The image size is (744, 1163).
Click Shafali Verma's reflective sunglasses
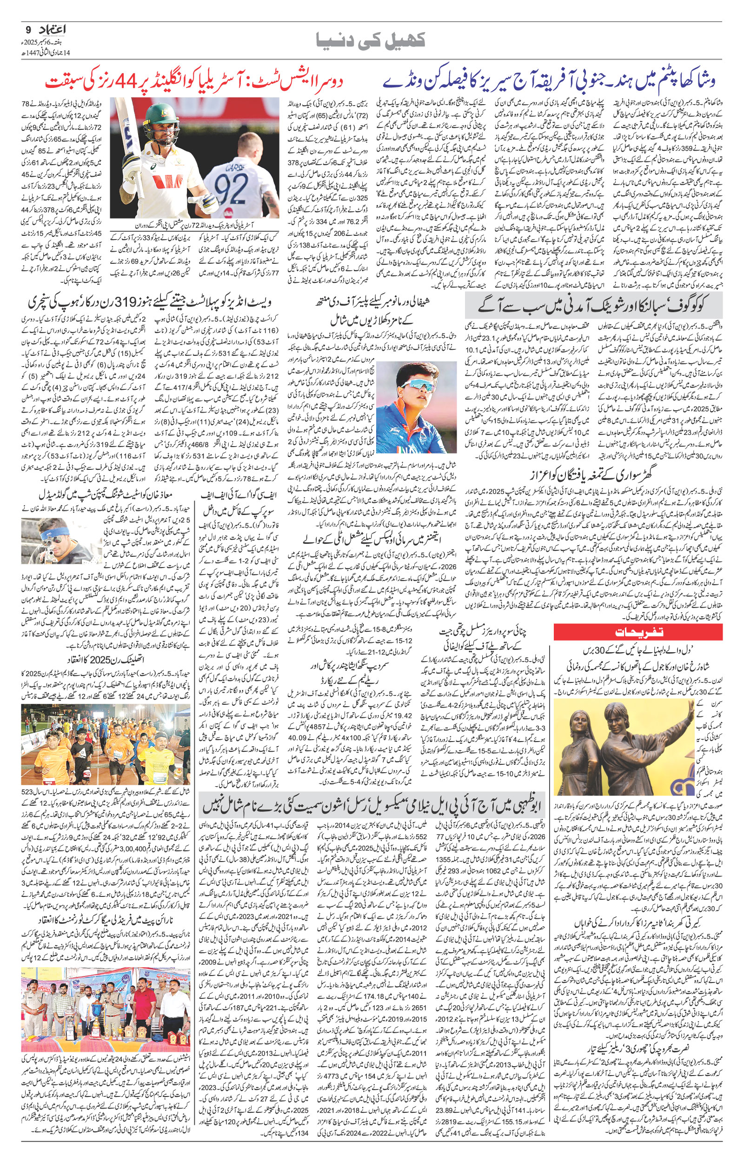coord(418,387)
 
